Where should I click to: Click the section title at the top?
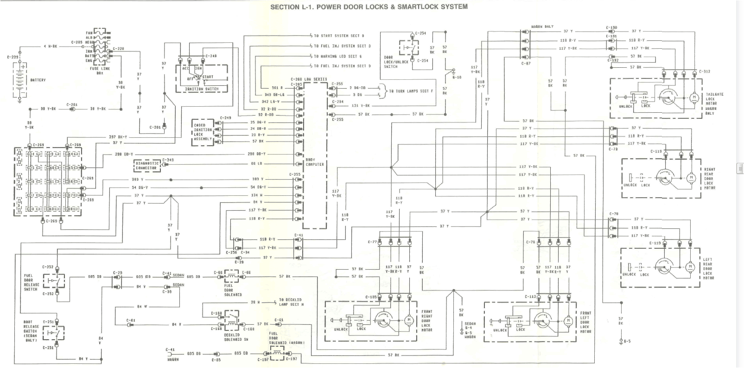pos(369,6)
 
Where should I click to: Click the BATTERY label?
pos(38,80)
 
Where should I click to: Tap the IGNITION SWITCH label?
pos(202,89)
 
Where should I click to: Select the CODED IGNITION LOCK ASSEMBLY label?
pos(202,132)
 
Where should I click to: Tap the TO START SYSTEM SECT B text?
pos(339,36)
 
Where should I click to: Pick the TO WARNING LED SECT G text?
pos(337,56)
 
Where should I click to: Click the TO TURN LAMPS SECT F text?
pos(411,91)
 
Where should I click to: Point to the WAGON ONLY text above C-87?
pos(542,26)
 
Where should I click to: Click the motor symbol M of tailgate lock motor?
pos(694,97)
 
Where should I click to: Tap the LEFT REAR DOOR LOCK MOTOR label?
pos(708,269)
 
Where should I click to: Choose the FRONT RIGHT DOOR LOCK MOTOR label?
pos(426,321)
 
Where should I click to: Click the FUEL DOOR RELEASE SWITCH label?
pos(32,282)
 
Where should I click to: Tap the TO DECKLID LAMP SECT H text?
pos(291,302)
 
